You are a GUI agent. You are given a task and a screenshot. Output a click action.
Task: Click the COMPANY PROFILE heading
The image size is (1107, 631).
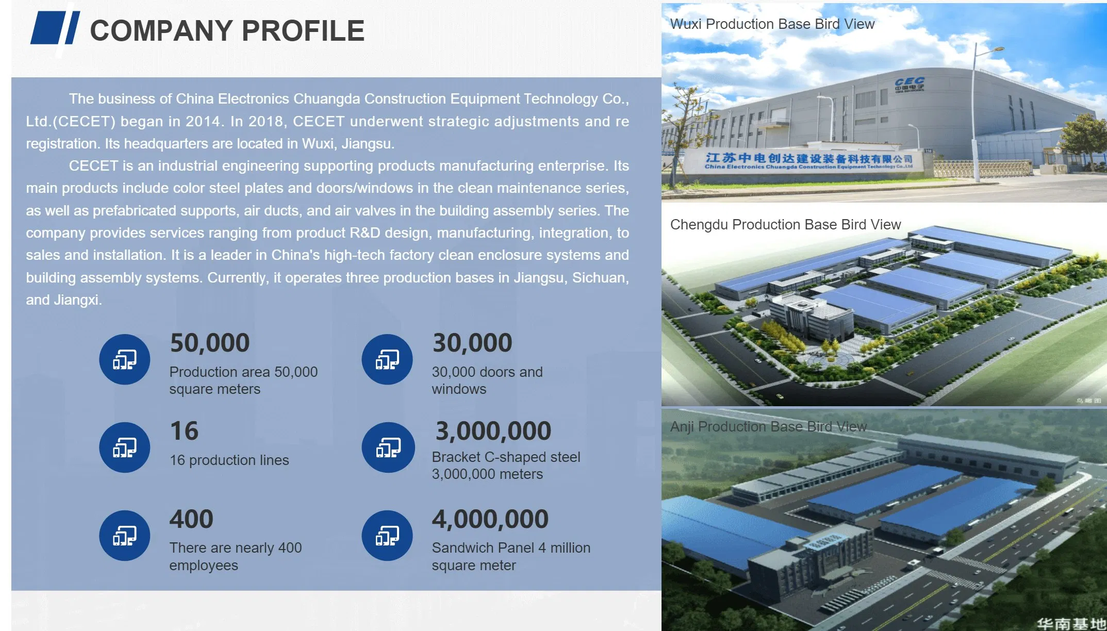pyautogui.click(x=227, y=30)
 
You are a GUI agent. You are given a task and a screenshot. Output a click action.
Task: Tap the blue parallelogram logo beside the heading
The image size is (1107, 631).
pyautogui.click(x=55, y=28)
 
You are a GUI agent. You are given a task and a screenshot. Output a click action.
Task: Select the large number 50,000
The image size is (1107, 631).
pyautogui.click(x=210, y=343)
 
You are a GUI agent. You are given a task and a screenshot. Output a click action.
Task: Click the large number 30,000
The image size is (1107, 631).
pyautogui.click(x=472, y=343)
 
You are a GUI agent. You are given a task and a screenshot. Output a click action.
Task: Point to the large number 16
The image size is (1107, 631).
pyautogui.click(x=184, y=431)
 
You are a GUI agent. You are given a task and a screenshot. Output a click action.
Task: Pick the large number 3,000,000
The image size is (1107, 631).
pyautogui.click(x=493, y=431)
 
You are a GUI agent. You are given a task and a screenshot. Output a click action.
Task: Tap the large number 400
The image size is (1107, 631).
pyautogui.click(x=191, y=519)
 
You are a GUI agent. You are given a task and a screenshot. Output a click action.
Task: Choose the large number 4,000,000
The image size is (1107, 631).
pyautogui.click(x=490, y=519)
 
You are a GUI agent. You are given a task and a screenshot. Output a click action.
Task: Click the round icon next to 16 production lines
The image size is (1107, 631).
pyautogui.click(x=125, y=447)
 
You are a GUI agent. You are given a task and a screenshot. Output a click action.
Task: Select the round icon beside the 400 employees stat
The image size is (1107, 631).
pyautogui.click(x=125, y=536)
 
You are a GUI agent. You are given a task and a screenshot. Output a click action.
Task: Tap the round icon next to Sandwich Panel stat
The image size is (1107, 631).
pyautogui.click(x=387, y=536)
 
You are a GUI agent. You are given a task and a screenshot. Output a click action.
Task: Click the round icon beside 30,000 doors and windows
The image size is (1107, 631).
pyautogui.click(x=387, y=359)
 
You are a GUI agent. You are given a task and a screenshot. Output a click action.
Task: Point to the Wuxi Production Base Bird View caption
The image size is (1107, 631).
pyautogui.click(x=772, y=24)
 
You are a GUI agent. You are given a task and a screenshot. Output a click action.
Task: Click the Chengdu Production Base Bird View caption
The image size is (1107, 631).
pyautogui.click(x=786, y=225)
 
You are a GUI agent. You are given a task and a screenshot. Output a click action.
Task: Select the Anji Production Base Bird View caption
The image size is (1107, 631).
pyautogui.click(x=769, y=427)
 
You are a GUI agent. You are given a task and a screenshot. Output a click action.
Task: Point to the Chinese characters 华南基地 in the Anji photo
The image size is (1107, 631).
pyautogui.click(x=1071, y=624)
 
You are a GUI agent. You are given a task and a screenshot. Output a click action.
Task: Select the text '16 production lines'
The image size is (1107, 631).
pyautogui.click(x=229, y=460)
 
